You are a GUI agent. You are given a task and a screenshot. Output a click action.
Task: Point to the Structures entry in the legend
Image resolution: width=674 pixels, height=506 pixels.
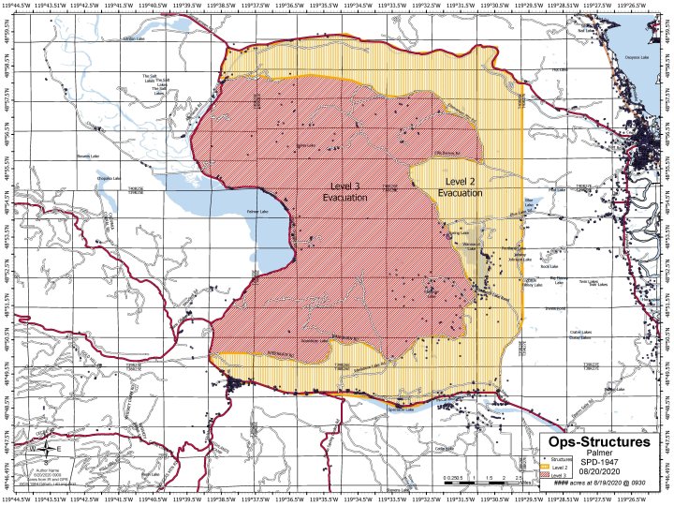[x=554, y=461]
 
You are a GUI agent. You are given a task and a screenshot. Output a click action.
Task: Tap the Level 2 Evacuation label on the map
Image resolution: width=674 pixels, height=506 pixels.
[x=460, y=186]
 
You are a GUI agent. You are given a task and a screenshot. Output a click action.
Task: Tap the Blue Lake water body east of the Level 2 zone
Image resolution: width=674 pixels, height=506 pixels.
[x=530, y=201]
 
